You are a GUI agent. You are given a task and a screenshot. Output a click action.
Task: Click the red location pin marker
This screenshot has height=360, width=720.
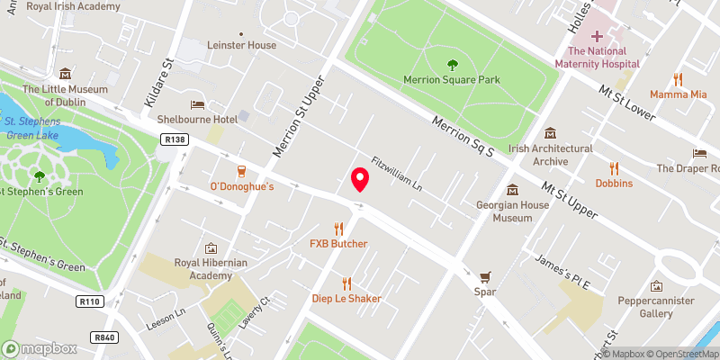pos(360,179)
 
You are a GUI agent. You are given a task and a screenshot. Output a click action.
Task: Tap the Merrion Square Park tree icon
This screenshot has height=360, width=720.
pos(452,64)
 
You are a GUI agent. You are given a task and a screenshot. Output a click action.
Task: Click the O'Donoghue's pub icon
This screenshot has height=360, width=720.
pos(241,171)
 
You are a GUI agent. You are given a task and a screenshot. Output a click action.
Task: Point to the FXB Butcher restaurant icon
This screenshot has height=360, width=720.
pos(339,229)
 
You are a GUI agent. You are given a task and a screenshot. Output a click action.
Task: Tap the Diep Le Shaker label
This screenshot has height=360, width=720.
pos(346,299)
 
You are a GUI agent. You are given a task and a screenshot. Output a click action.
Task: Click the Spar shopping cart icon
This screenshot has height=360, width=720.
pos(486,277)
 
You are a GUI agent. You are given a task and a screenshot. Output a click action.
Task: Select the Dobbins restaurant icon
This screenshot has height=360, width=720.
pos(614,167)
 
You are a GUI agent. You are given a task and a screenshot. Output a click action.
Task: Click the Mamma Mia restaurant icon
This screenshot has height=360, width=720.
pos(679,78)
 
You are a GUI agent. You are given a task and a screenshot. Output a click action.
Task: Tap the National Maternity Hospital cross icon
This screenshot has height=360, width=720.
pos(597,36)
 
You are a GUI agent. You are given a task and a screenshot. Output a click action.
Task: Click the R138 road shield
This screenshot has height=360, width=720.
pos(175,139)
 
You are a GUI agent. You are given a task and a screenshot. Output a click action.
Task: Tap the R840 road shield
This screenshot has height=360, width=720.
pos(104,337)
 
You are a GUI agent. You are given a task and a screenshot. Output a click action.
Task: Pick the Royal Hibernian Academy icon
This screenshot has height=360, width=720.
pos(211,247)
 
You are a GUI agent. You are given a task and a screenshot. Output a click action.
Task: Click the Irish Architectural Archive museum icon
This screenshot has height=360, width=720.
pos(550,132)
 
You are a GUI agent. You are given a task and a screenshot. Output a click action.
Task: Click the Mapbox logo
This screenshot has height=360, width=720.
pos(40,348)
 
